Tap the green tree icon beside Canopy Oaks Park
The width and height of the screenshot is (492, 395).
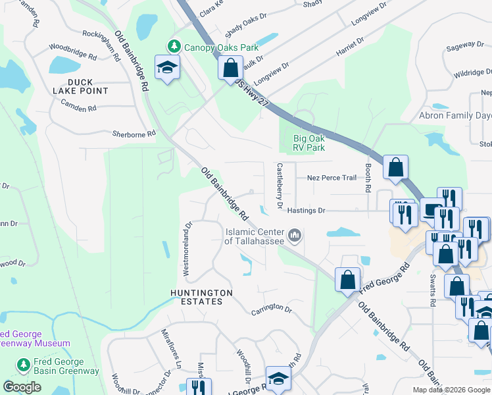(174, 47)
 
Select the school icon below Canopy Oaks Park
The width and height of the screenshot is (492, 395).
(167, 67)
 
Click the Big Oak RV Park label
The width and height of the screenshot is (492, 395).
(309, 143)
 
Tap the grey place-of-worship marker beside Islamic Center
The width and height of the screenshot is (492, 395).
(295, 234)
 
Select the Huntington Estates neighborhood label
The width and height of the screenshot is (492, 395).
(201, 296)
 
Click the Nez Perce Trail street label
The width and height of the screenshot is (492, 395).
(332, 178)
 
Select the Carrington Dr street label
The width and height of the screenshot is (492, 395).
(271, 308)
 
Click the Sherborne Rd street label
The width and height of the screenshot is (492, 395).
(134, 133)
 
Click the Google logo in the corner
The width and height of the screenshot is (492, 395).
(22, 387)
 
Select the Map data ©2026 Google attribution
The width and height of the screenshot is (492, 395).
(451, 390)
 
